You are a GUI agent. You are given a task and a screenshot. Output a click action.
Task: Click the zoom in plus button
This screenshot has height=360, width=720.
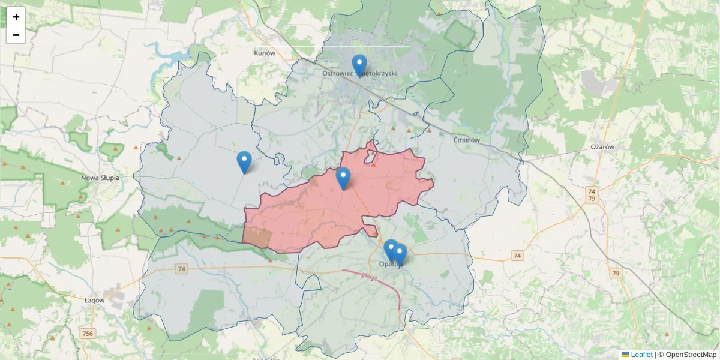click(16, 17)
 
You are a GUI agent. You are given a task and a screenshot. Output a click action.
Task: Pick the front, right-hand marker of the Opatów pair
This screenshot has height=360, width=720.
click(400, 254)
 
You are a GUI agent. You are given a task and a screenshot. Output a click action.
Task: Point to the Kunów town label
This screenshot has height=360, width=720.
click(264, 53)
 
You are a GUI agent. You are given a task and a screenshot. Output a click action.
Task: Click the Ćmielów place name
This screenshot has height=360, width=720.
click(467, 140)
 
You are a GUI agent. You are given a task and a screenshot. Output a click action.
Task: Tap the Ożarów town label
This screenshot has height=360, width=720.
click(599, 147)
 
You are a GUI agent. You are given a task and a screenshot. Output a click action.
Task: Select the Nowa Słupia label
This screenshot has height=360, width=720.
click(100, 178)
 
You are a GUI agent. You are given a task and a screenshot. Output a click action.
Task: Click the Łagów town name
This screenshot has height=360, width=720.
click(95, 300)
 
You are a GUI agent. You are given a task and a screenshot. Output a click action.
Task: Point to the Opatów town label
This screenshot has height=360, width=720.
click(389, 264)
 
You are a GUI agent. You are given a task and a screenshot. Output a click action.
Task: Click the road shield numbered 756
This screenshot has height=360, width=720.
click(88, 334)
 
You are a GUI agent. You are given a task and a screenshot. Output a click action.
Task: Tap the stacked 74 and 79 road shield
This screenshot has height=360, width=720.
click(592, 194)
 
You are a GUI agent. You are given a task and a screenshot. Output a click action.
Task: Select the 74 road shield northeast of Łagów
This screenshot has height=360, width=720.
click(181, 269)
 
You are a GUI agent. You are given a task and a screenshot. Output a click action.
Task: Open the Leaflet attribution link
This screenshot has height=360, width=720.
click(641, 355)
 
